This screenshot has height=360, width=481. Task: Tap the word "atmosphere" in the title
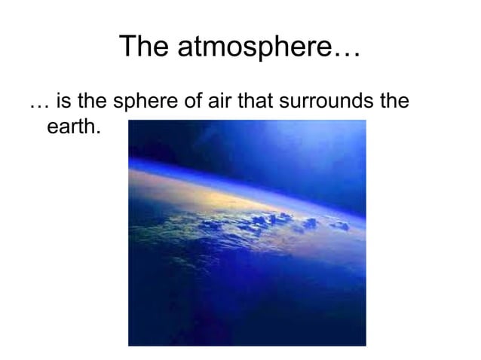pyautogui.click(x=253, y=50)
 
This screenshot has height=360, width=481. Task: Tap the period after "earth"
pyautogui.click(x=97, y=132)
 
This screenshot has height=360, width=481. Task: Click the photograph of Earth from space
pyautogui.click(x=247, y=233)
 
